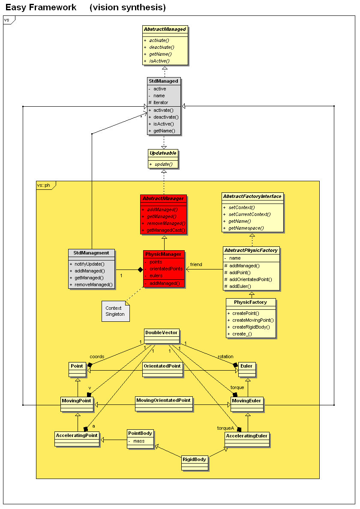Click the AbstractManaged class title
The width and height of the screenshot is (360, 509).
click(165, 30)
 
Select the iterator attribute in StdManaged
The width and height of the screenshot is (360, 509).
click(161, 102)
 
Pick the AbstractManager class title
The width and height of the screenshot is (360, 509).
click(163, 199)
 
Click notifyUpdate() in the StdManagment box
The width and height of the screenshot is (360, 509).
click(90, 264)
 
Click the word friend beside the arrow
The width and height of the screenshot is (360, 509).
click(196, 264)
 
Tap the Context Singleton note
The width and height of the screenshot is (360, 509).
click(115, 311)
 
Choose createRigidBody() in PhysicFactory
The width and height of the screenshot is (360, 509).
click(251, 327)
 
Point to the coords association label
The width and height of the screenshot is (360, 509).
click(97, 356)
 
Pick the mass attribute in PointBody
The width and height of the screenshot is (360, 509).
click(139, 441)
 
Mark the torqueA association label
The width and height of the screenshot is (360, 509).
click(226, 428)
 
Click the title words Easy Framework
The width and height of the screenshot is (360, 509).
click(41, 7)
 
